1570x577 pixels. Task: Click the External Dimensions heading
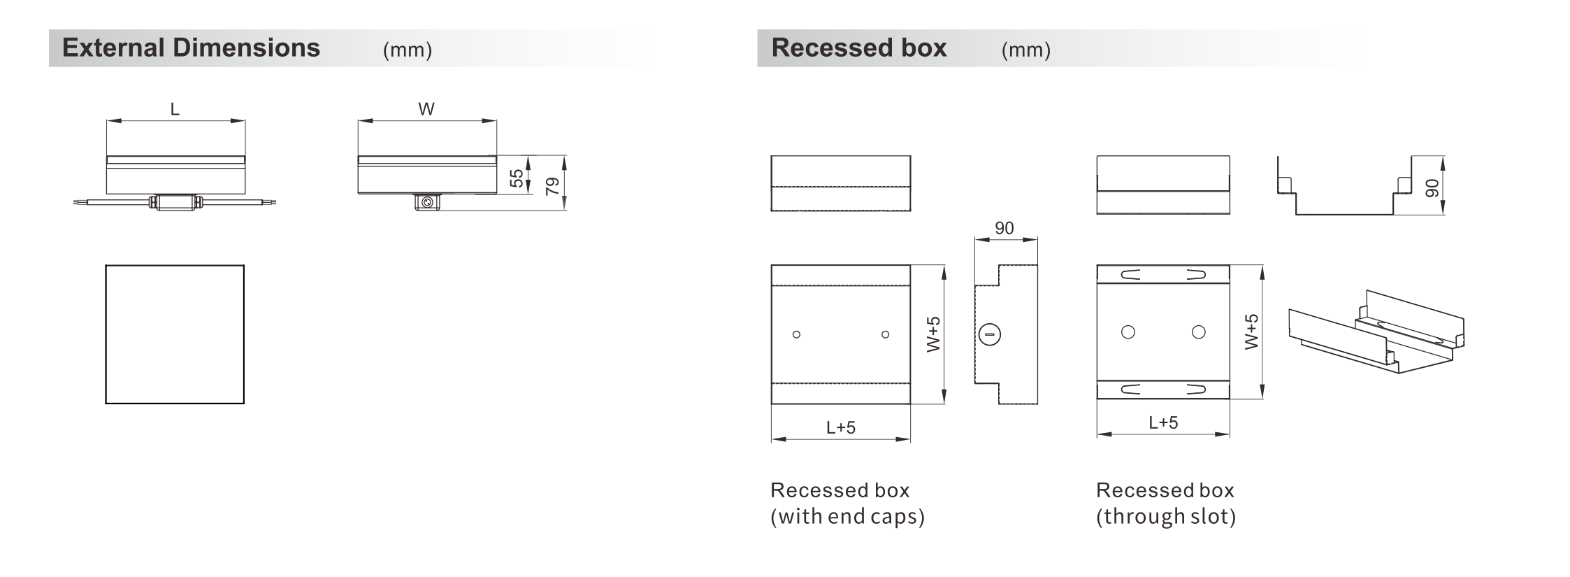pyautogui.click(x=191, y=48)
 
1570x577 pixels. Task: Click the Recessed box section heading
pyautogui.click(x=859, y=48)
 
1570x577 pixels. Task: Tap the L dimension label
pyautogui.click(x=175, y=109)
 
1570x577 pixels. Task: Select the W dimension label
pyautogui.click(x=426, y=109)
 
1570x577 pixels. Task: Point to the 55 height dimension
pyautogui.click(x=517, y=178)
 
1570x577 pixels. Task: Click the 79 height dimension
pyautogui.click(x=552, y=186)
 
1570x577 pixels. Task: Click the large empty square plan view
pyautogui.click(x=175, y=334)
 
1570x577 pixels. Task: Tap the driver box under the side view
pyautogui.click(x=175, y=202)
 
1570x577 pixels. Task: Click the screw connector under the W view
pyautogui.click(x=427, y=202)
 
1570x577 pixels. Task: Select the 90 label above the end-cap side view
pyautogui.click(x=1004, y=228)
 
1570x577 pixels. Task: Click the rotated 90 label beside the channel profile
pyautogui.click(x=1432, y=188)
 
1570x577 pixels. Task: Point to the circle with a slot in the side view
pyautogui.click(x=990, y=334)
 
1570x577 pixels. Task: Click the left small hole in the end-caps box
pyautogui.click(x=796, y=334)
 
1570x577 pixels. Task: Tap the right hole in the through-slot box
pyautogui.click(x=1199, y=332)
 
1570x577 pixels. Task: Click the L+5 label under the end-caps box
pyautogui.click(x=841, y=427)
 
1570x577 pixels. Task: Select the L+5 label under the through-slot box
pyautogui.click(x=1164, y=422)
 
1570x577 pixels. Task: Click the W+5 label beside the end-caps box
pyautogui.click(x=934, y=334)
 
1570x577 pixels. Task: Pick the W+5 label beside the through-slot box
pyautogui.click(x=1252, y=332)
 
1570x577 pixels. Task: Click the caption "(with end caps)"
pyautogui.click(x=848, y=517)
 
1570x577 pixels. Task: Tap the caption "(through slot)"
pyautogui.click(x=1166, y=517)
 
